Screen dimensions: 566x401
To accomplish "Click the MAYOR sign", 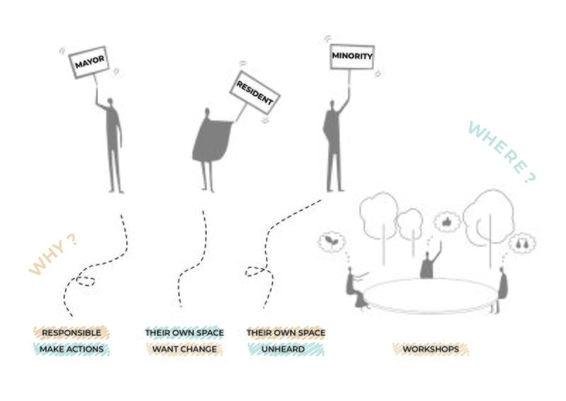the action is click(89, 62).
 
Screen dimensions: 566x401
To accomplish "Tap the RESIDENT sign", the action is click(255, 93).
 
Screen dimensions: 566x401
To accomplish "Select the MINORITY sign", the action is click(352, 57).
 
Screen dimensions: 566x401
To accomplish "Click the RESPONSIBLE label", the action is click(71, 333).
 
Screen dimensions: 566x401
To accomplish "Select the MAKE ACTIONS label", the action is click(71, 349).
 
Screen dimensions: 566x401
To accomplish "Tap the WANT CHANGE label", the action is click(185, 349).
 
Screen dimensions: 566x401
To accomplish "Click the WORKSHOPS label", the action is click(431, 349).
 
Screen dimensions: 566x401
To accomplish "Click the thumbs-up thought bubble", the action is click(447, 222).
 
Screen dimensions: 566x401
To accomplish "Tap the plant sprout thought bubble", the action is click(331, 242).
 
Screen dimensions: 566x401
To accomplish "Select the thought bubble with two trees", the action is click(522, 243).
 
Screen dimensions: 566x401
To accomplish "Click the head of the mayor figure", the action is click(110, 102).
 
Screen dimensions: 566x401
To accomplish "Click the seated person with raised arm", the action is click(429, 261).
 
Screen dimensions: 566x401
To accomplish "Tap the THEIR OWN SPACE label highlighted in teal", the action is click(185, 333).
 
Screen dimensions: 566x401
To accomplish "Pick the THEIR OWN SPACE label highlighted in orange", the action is click(286, 333).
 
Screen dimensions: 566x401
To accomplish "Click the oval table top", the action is click(429, 294).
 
